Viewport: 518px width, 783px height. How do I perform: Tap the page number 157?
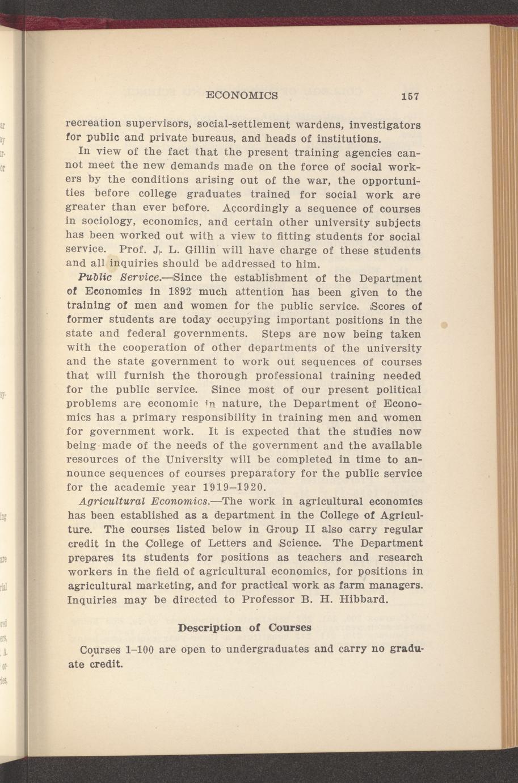pos(408,96)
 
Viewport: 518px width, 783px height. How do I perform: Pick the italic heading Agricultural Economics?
pos(145,502)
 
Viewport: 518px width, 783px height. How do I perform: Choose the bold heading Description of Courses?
pos(245,628)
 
